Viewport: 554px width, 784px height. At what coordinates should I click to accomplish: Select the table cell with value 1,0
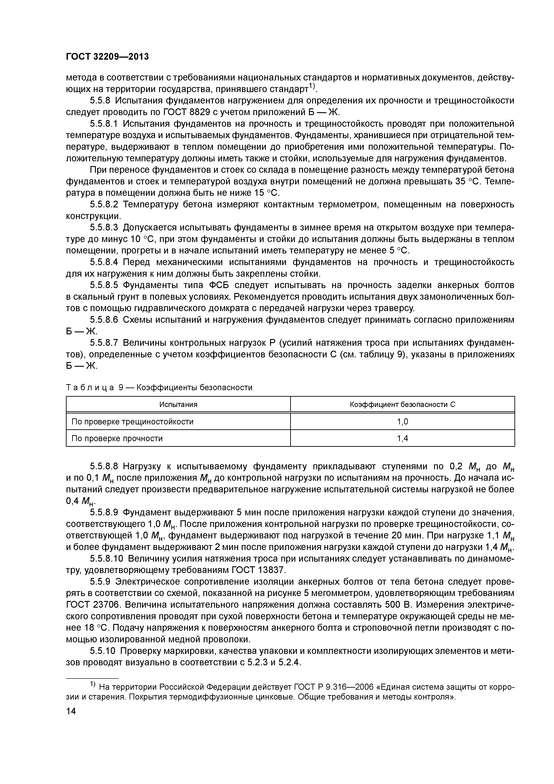[403, 422]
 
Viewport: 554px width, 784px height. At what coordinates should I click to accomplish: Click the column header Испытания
[178, 405]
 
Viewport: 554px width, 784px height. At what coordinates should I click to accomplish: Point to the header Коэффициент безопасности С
[403, 405]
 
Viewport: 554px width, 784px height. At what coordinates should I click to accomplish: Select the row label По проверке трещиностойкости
[132, 422]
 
